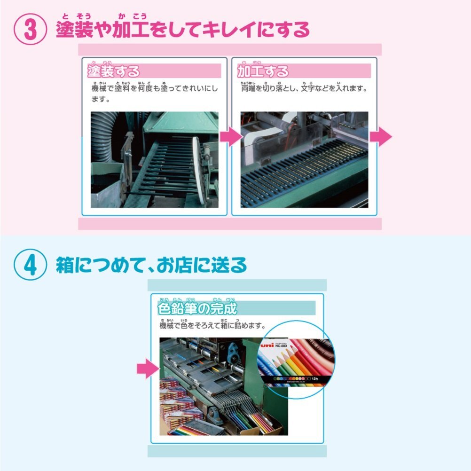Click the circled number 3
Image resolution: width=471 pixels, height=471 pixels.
pos(30,30)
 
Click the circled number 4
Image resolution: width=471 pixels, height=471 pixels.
pos(30,265)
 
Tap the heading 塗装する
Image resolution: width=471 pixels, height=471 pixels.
pos(114,71)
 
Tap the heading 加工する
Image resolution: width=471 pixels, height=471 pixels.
pos(263,71)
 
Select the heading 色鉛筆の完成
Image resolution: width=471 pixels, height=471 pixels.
pos(197,308)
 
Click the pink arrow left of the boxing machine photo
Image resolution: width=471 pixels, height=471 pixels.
pos(148,369)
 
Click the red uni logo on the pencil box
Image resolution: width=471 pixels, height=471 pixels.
pos(267,345)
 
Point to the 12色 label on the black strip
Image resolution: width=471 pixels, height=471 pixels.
pos(314,378)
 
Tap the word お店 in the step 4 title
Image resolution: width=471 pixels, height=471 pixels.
pos(168,266)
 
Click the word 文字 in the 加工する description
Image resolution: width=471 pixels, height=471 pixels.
pos(309,88)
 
